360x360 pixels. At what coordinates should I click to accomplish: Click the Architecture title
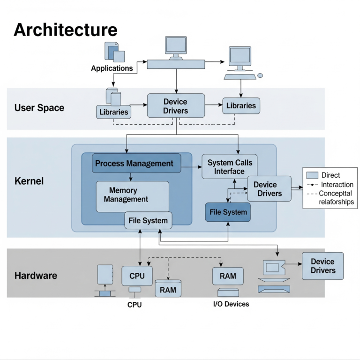tap(65, 30)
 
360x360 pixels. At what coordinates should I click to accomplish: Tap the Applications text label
tap(112, 68)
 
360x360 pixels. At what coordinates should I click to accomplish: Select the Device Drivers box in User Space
tap(176, 106)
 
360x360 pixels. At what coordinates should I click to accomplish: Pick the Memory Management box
tap(132, 195)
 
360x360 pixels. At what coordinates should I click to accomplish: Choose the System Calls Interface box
tap(230, 167)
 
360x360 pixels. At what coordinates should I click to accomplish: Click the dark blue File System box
tap(228, 212)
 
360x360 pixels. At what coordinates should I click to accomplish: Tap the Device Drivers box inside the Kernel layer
tap(270, 188)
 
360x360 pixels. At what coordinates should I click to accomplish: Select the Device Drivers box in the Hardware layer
tap(322, 266)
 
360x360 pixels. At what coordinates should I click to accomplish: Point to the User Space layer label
tap(39, 108)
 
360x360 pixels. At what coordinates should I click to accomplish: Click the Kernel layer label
tap(29, 180)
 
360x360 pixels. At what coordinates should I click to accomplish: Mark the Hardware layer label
tap(36, 276)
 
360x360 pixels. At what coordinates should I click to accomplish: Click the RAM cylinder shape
tap(168, 289)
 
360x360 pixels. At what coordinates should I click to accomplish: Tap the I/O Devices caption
tap(231, 304)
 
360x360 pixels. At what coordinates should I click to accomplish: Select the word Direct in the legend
tap(330, 175)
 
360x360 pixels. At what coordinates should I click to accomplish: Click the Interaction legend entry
tap(337, 185)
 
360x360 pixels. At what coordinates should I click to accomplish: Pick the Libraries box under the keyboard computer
tap(241, 106)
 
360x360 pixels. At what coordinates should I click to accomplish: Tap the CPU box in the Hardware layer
tap(137, 276)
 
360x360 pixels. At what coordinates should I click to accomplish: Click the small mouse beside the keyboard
tap(260, 75)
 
